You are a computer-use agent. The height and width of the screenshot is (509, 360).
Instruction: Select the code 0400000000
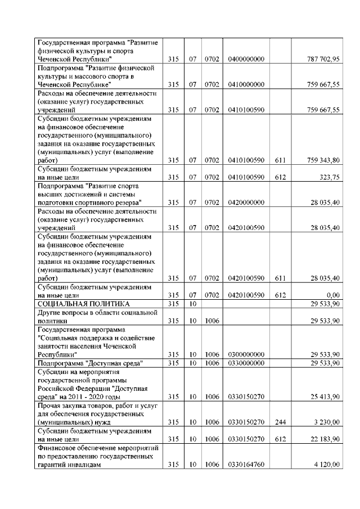tap(246, 59)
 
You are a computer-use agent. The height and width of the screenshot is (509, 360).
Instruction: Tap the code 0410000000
tap(246, 84)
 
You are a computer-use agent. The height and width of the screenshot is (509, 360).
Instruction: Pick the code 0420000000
tap(246, 202)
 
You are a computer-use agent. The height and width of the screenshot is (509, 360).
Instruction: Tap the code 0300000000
tap(246, 355)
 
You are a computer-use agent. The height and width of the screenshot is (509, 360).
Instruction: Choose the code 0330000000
tap(246, 363)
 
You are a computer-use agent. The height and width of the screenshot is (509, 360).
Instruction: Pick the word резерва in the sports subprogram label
tap(125, 202)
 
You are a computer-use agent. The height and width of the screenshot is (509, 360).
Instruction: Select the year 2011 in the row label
tap(75, 397)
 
